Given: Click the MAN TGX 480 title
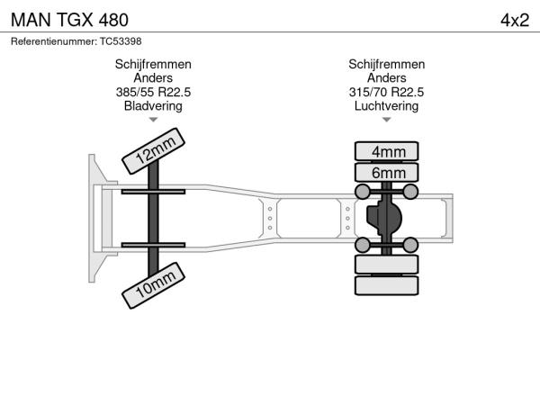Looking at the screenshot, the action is click(69, 20).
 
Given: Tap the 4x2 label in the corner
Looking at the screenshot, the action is click(515, 21).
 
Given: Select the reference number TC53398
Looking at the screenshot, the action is click(121, 41).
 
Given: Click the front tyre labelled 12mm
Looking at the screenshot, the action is click(153, 151).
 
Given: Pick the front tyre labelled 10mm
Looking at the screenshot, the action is click(153, 285).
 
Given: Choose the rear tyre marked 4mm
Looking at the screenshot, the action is click(386, 151).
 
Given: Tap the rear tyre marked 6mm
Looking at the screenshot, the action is click(386, 173).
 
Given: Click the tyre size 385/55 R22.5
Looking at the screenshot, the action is click(153, 92).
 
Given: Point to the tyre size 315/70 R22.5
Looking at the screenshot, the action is click(386, 92).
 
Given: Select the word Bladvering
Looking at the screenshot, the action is click(153, 106).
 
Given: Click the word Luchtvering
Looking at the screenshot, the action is click(386, 106).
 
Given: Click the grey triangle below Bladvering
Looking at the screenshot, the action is click(153, 120).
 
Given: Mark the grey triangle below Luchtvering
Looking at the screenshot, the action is click(386, 120).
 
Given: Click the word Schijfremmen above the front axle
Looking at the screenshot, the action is click(153, 65).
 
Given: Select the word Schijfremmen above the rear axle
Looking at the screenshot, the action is click(386, 65).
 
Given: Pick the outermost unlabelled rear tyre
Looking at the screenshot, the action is click(386, 285).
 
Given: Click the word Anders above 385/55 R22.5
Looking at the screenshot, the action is click(153, 77).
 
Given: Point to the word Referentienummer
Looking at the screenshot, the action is click(54, 41).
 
